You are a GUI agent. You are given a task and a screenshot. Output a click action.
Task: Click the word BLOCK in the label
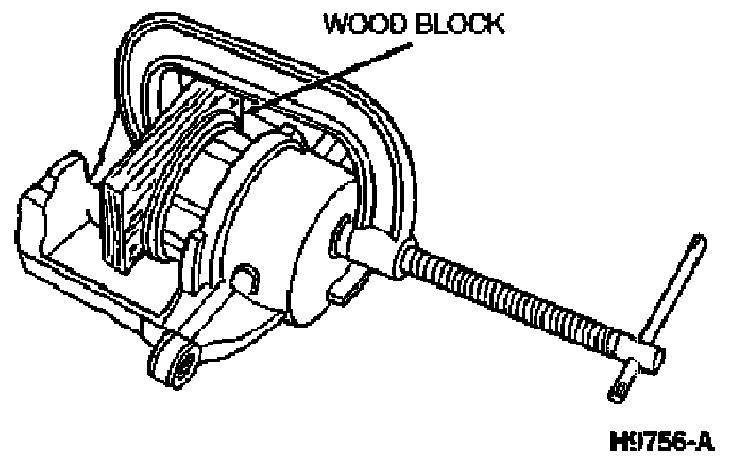coord(457,23)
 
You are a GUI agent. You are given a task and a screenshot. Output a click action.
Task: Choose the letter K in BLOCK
coord(492,23)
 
